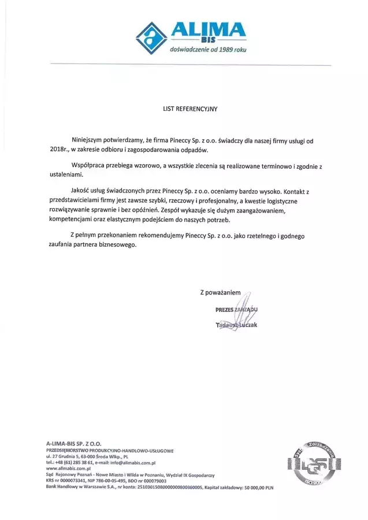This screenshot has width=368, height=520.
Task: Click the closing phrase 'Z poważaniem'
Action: [220, 292]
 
